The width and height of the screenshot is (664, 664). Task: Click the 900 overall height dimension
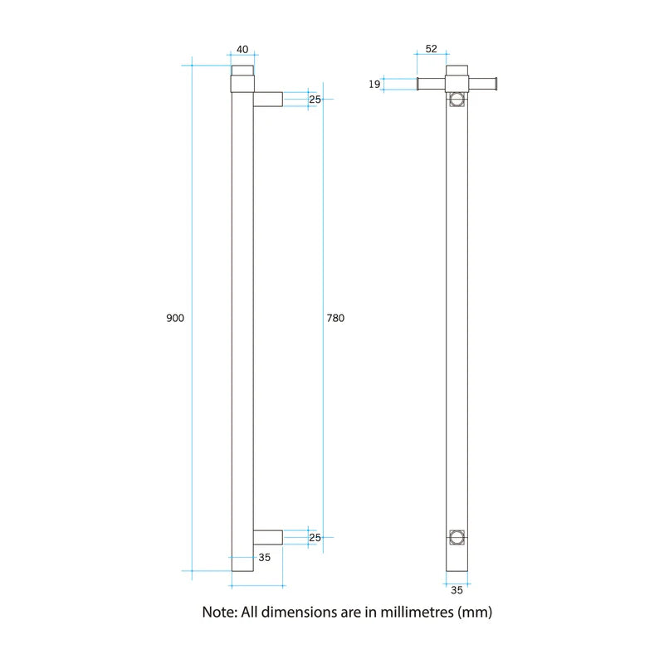click(x=175, y=319)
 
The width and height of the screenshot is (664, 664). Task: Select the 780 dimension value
click(x=335, y=319)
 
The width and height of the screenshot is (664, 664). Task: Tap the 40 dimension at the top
click(x=242, y=49)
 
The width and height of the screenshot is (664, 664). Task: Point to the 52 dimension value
click(x=431, y=49)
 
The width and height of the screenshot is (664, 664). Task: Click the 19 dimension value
click(x=374, y=83)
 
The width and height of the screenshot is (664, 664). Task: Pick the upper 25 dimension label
click(x=315, y=100)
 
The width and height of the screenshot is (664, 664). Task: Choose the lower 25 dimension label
click(x=315, y=538)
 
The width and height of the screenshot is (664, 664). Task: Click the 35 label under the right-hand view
click(x=456, y=590)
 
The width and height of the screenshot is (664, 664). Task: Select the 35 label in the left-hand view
click(x=264, y=558)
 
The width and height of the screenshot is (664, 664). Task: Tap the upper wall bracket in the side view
click(x=267, y=100)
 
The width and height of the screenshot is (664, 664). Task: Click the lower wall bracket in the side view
click(x=267, y=538)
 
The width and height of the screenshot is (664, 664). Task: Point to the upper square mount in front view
click(x=456, y=100)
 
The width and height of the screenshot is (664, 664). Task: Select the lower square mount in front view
click(x=456, y=538)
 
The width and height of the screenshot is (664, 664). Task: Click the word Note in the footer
click(x=219, y=613)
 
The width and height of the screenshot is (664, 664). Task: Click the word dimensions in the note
click(x=297, y=613)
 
